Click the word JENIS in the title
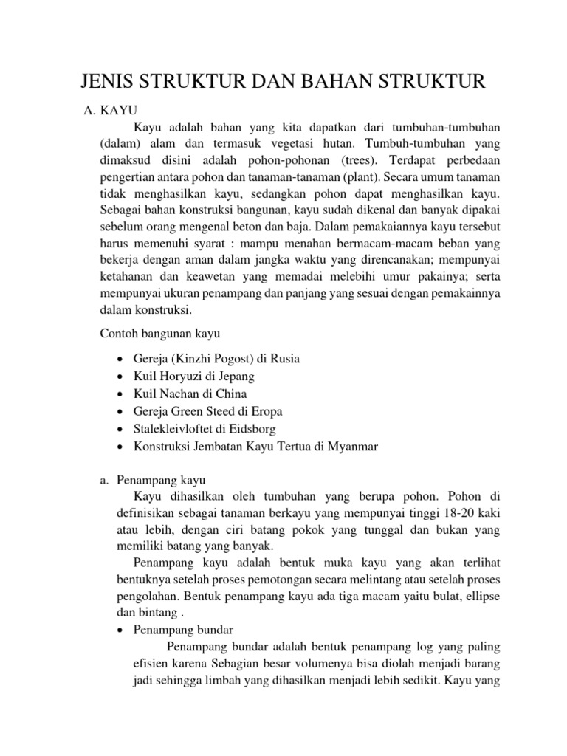click(108, 82)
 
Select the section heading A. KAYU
click(113, 111)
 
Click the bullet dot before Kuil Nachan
click(120, 394)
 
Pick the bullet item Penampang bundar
click(183, 630)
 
